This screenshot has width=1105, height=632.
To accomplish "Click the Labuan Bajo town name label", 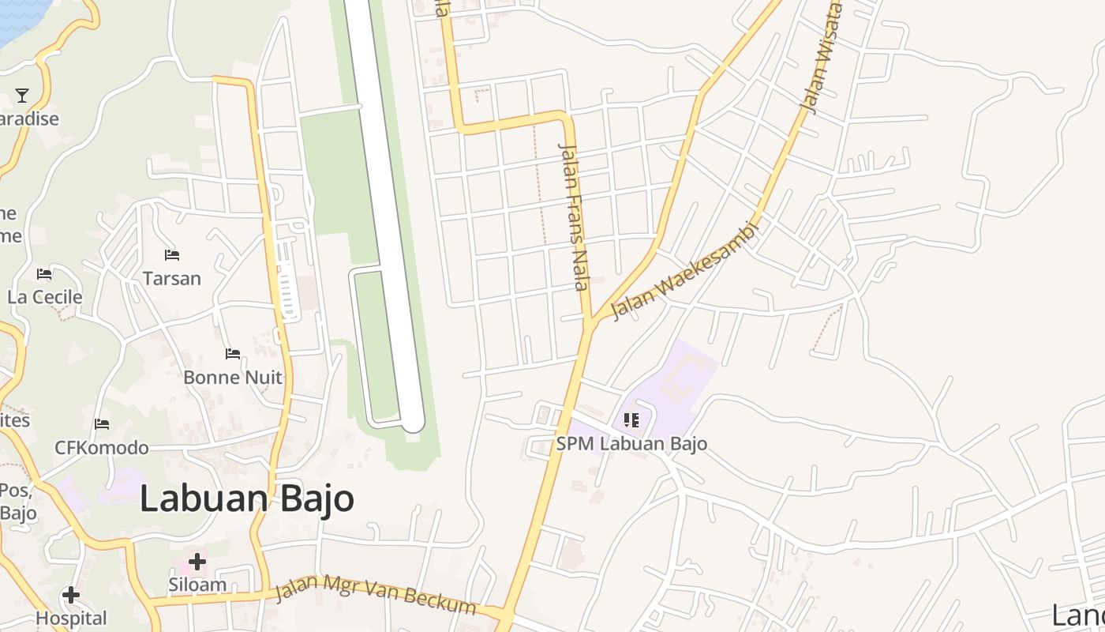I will [247, 499].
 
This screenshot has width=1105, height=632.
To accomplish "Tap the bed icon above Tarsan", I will [172, 254].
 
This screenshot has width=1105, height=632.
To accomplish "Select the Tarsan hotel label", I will [172, 279].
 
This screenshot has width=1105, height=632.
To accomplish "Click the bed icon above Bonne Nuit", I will [232, 353].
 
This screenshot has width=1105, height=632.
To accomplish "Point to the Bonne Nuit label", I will [232, 378].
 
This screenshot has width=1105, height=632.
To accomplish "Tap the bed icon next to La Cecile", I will [44, 274].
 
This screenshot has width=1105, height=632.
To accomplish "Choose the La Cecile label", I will [45, 298].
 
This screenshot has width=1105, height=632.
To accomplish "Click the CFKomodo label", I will [101, 448].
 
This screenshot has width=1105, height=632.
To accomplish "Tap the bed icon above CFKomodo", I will [102, 424].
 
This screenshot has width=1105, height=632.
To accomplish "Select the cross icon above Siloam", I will [197, 562].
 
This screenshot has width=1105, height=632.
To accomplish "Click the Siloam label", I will [197, 585].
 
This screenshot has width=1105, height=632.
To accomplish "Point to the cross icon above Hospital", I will [71, 595].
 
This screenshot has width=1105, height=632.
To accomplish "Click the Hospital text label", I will [71, 619].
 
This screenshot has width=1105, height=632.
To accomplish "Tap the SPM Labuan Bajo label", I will [631, 444].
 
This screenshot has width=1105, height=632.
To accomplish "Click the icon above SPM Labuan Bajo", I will [631, 419].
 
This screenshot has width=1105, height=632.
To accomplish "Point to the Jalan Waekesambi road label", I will [684, 270].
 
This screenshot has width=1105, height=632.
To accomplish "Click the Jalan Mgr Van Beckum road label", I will [375, 598].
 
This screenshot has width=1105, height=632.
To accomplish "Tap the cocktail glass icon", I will [22, 96].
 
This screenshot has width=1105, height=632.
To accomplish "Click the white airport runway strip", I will [384, 213].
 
